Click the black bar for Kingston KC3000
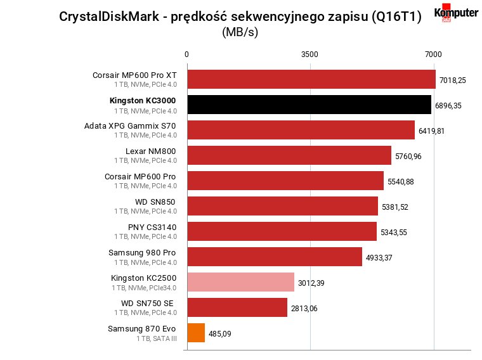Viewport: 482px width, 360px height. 309,105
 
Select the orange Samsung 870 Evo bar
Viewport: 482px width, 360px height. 196,333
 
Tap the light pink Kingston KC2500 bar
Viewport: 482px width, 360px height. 241,282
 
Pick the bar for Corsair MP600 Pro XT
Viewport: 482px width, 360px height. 311,79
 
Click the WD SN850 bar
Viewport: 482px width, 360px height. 282,206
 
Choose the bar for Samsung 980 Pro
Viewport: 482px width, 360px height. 275,257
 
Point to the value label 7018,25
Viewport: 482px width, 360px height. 452,80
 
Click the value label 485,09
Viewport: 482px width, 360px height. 220,334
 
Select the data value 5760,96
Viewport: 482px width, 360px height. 408,157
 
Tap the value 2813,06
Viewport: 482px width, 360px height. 304,309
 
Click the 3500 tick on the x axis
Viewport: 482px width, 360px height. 309,55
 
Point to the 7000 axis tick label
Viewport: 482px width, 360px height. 433,55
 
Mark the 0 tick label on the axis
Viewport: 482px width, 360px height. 186,55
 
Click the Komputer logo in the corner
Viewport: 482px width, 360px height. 456,13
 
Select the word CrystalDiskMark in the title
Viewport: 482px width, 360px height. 109,16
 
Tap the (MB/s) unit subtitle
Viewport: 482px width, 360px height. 240,32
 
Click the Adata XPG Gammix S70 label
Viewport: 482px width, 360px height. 130,126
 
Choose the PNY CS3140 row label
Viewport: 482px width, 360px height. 152,228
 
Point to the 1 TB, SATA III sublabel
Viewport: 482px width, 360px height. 157,338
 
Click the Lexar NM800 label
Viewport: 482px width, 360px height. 151,151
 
